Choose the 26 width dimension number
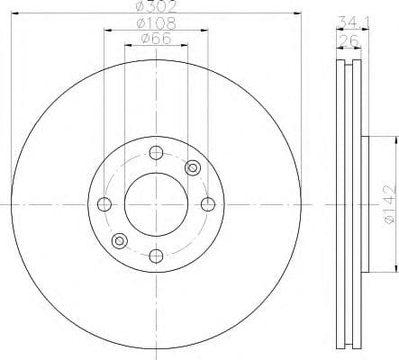(x=349, y=40)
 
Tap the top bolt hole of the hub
(x=156, y=150)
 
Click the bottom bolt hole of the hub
(x=156, y=255)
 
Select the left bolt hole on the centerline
(x=104, y=202)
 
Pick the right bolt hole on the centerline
(x=208, y=202)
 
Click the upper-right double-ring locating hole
(x=192, y=166)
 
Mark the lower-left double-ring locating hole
(x=119, y=239)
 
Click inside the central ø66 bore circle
(x=156, y=202)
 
